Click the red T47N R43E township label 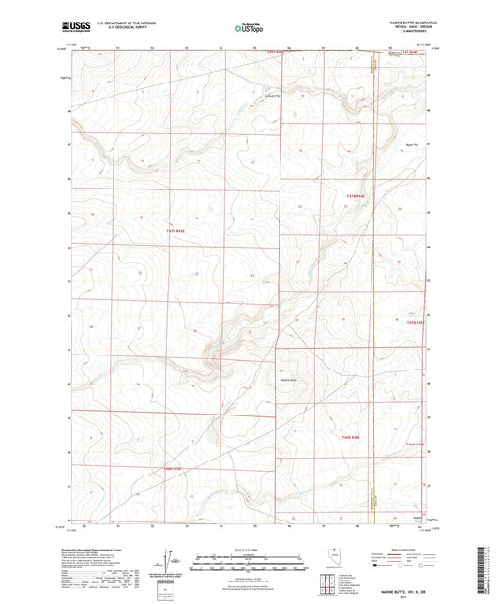(x=177, y=229)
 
